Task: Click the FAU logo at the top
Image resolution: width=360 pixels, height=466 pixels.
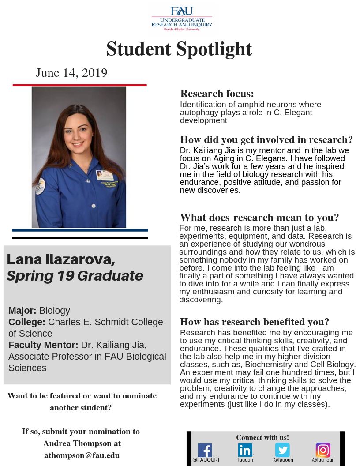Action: coord(182,19)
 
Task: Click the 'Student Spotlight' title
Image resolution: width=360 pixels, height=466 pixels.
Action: coord(179,49)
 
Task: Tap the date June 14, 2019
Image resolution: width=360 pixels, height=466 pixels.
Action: coord(71,73)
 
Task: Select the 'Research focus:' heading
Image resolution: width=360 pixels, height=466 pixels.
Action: coord(217,94)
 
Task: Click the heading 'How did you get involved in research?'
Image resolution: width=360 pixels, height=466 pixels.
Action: coord(266,140)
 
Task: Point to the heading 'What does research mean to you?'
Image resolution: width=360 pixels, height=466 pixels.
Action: coord(259,218)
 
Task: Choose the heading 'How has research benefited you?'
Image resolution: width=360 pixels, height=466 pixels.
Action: coord(255,322)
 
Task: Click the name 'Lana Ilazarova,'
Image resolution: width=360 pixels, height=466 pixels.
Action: coord(61,259)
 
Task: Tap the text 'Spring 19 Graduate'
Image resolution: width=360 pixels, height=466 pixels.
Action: coord(75,276)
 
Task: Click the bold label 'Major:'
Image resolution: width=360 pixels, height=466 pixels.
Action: coord(22,311)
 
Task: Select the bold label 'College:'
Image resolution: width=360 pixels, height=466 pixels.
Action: coord(26,322)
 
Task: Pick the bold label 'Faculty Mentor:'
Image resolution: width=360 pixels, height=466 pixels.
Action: coord(43,345)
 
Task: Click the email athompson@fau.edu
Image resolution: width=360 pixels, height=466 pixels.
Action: coord(82,455)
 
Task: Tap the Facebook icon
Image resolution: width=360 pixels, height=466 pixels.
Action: coord(205,450)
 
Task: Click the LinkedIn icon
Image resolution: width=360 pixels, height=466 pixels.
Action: coord(245,450)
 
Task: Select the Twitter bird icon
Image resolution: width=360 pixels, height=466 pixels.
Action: coord(282,450)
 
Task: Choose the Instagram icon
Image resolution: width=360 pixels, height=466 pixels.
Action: coord(323,450)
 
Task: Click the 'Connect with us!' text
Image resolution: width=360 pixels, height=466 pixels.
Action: coord(262,438)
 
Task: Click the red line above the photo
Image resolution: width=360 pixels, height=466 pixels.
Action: coord(79,85)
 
